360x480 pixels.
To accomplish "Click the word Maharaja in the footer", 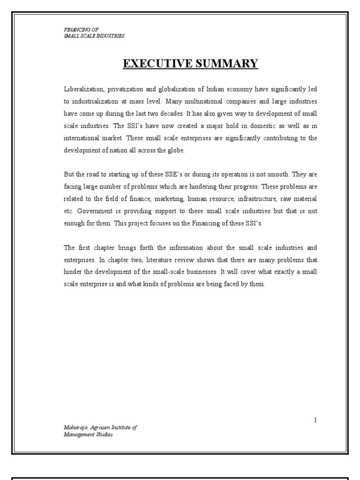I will coord(75,428).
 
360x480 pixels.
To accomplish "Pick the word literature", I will coord(155,259).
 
